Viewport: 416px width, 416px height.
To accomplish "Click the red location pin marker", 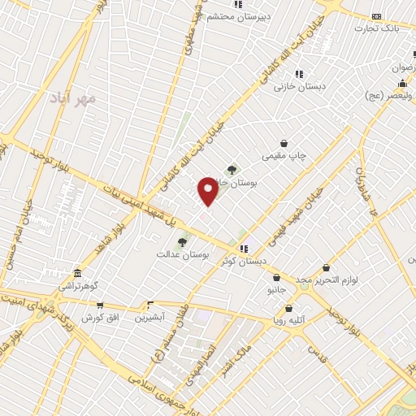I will point(208,190).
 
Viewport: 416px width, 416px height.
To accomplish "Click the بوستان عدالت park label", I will point(184,254).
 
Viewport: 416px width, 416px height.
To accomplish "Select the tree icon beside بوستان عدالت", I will point(182,242).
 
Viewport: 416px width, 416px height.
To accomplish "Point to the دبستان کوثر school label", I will point(242,261).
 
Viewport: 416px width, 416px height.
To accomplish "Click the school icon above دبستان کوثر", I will point(242,249).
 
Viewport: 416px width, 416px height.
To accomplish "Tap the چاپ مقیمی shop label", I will point(284,154).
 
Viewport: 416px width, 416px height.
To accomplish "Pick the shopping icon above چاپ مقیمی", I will point(284,143).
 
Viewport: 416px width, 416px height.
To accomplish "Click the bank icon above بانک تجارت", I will point(376,16).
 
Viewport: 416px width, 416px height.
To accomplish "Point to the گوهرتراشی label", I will point(77,288).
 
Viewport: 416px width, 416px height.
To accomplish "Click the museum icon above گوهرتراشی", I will point(77,273).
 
